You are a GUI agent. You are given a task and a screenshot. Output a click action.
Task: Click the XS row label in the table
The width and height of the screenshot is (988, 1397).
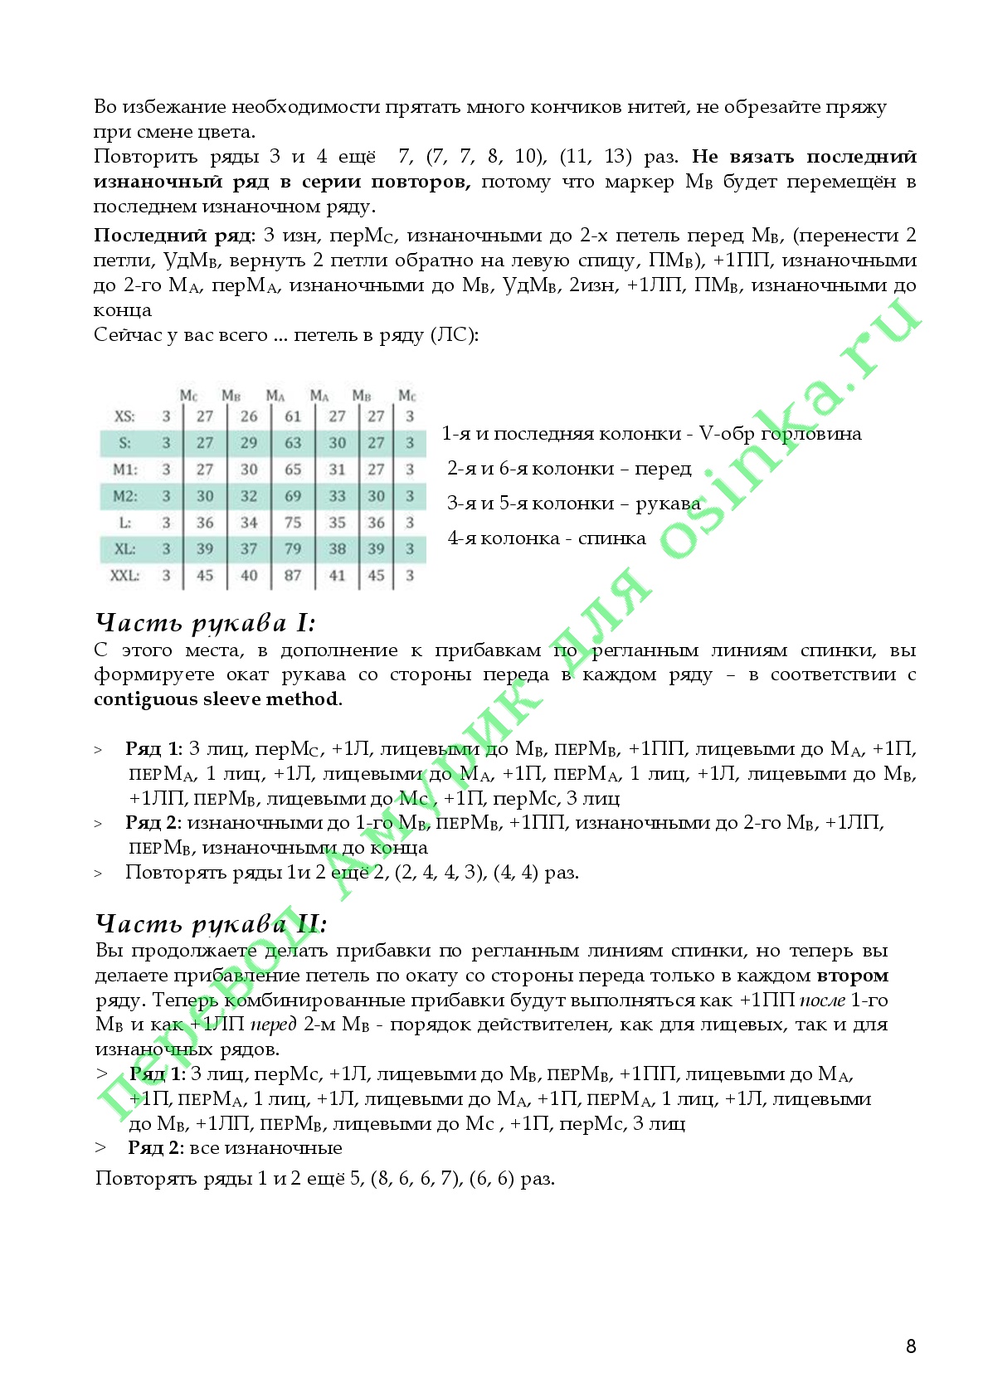[x=124, y=416]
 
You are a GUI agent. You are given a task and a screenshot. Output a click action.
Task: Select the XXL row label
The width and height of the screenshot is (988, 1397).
[x=125, y=575]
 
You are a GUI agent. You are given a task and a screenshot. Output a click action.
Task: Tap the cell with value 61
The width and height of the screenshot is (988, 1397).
[x=293, y=416]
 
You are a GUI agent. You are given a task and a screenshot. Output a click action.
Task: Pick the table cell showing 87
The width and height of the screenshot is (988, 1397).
[x=293, y=575]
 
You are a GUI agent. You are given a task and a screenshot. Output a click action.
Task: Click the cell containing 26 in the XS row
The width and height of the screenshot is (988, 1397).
[x=249, y=416]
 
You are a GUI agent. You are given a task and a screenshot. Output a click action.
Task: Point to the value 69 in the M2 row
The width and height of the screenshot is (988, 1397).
[x=293, y=496]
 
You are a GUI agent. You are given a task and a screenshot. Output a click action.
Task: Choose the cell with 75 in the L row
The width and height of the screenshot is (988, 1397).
[x=293, y=523]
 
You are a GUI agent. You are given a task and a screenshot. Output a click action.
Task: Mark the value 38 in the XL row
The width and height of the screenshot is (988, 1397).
[x=337, y=549]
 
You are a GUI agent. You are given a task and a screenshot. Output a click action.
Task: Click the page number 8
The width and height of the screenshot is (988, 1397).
[x=911, y=1346]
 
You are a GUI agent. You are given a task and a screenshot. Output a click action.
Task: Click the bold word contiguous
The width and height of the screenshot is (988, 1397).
[x=146, y=699]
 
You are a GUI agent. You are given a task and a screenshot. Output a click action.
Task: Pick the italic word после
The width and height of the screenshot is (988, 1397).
[x=822, y=1000]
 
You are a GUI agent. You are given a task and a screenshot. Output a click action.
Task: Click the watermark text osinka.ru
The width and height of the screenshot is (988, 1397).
[x=788, y=431]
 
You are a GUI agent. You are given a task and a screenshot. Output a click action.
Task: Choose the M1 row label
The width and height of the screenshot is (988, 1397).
[x=125, y=470]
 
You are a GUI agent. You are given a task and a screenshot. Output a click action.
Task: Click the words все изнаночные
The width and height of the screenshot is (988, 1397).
[x=265, y=1148]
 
